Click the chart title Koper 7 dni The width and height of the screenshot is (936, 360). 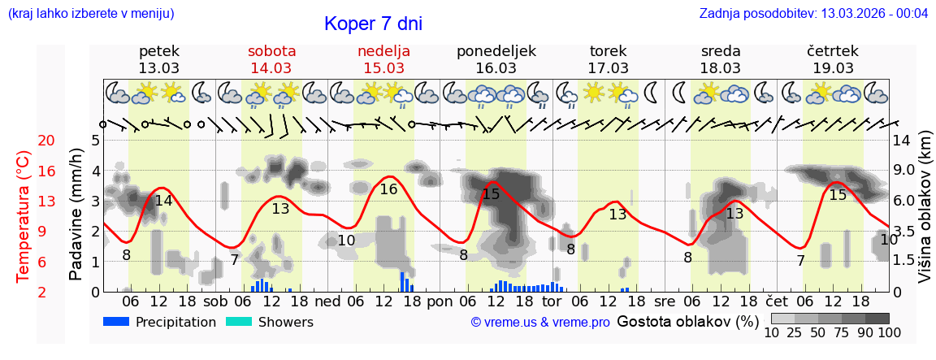click(373, 24)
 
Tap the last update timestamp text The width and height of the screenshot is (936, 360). click(813, 14)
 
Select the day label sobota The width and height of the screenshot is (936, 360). click(271, 51)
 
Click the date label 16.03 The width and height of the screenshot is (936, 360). click(496, 68)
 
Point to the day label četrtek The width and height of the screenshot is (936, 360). click(833, 51)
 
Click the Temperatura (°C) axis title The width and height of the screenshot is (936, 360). click(24, 216)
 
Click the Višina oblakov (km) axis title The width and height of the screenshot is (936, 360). click(925, 215)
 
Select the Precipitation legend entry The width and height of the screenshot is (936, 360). click(160, 323)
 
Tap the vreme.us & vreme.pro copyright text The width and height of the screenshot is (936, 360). click(540, 323)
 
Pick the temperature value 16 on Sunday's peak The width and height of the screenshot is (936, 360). click(388, 189)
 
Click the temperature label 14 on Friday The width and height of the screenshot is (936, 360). click(163, 201)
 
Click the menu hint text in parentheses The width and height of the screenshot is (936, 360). click(90, 14)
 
